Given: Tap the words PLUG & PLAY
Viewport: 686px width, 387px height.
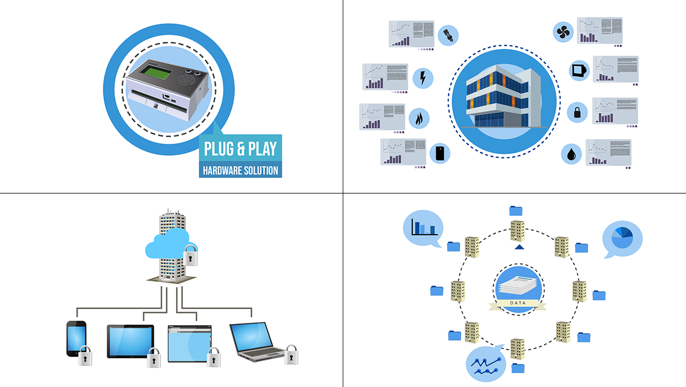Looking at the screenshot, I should (x=240, y=149).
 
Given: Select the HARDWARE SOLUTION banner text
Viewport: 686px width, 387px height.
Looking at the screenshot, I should (x=240, y=170).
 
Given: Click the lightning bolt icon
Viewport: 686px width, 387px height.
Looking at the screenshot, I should (x=422, y=78).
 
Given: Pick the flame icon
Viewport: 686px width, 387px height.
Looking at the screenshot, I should (x=420, y=119).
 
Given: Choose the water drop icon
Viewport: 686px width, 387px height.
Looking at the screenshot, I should (x=571, y=153).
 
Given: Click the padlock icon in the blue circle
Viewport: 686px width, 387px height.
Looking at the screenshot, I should (x=577, y=111).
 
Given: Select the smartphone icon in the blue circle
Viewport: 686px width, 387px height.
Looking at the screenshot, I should (x=440, y=153).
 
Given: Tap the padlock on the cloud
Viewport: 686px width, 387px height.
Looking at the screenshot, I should (x=190, y=255).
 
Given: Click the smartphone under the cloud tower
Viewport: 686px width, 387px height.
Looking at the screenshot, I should (x=76, y=338).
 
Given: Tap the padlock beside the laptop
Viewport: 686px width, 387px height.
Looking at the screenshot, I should (x=292, y=355).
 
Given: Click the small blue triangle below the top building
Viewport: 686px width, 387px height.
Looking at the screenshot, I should (x=519, y=247).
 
